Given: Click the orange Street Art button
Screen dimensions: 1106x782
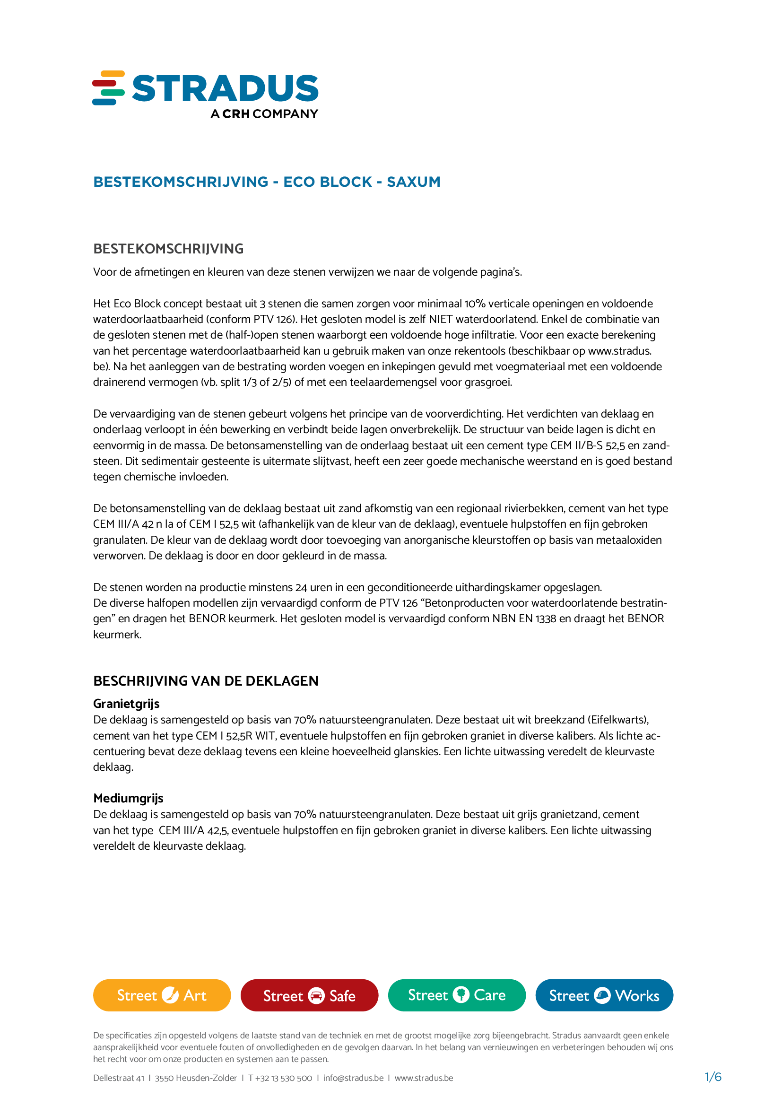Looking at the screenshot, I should pyautogui.click(x=162, y=995).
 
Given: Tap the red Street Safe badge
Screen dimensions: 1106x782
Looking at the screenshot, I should pyautogui.click(x=309, y=995).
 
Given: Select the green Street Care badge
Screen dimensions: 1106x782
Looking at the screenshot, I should pyautogui.click(x=457, y=995).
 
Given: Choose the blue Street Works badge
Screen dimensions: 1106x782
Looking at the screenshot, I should pyautogui.click(x=604, y=995).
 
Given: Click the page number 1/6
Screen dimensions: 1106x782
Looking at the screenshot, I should pyautogui.click(x=712, y=1077).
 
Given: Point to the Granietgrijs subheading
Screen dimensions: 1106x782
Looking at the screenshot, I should pyautogui.click(x=126, y=704).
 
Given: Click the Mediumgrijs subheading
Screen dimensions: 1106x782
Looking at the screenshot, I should pyautogui.click(x=128, y=798).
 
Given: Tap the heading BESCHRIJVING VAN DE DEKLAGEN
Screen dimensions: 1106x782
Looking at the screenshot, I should pyautogui.click(x=206, y=680).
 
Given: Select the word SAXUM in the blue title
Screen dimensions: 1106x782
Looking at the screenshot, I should pyautogui.click(x=413, y=182).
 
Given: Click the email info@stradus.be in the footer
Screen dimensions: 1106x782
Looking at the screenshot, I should pyautogui.click(x=353, y=1078).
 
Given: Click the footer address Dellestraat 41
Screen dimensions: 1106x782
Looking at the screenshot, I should pyautogui.click(x=119, y=1078).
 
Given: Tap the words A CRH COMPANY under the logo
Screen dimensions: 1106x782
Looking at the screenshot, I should pyautogui.click(x=264, y=113).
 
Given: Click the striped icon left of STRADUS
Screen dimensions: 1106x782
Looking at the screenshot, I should pyautogui.click(x=108, y=87).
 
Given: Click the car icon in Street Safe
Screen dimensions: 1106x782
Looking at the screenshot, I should pyautogui.click(x=316, y=995).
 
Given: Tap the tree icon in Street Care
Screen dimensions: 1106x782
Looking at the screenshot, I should pyautogui.click(x=461, y=994).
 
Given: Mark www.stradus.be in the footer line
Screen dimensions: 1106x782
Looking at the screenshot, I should pyautogui.click(x=424, y=1078).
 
